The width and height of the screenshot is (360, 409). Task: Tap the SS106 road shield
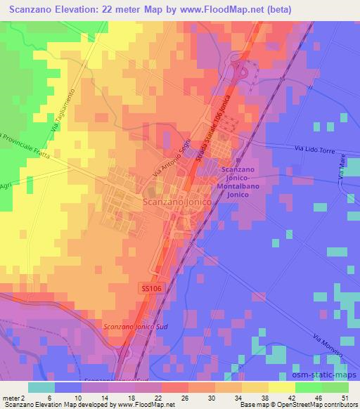(146, 289)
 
